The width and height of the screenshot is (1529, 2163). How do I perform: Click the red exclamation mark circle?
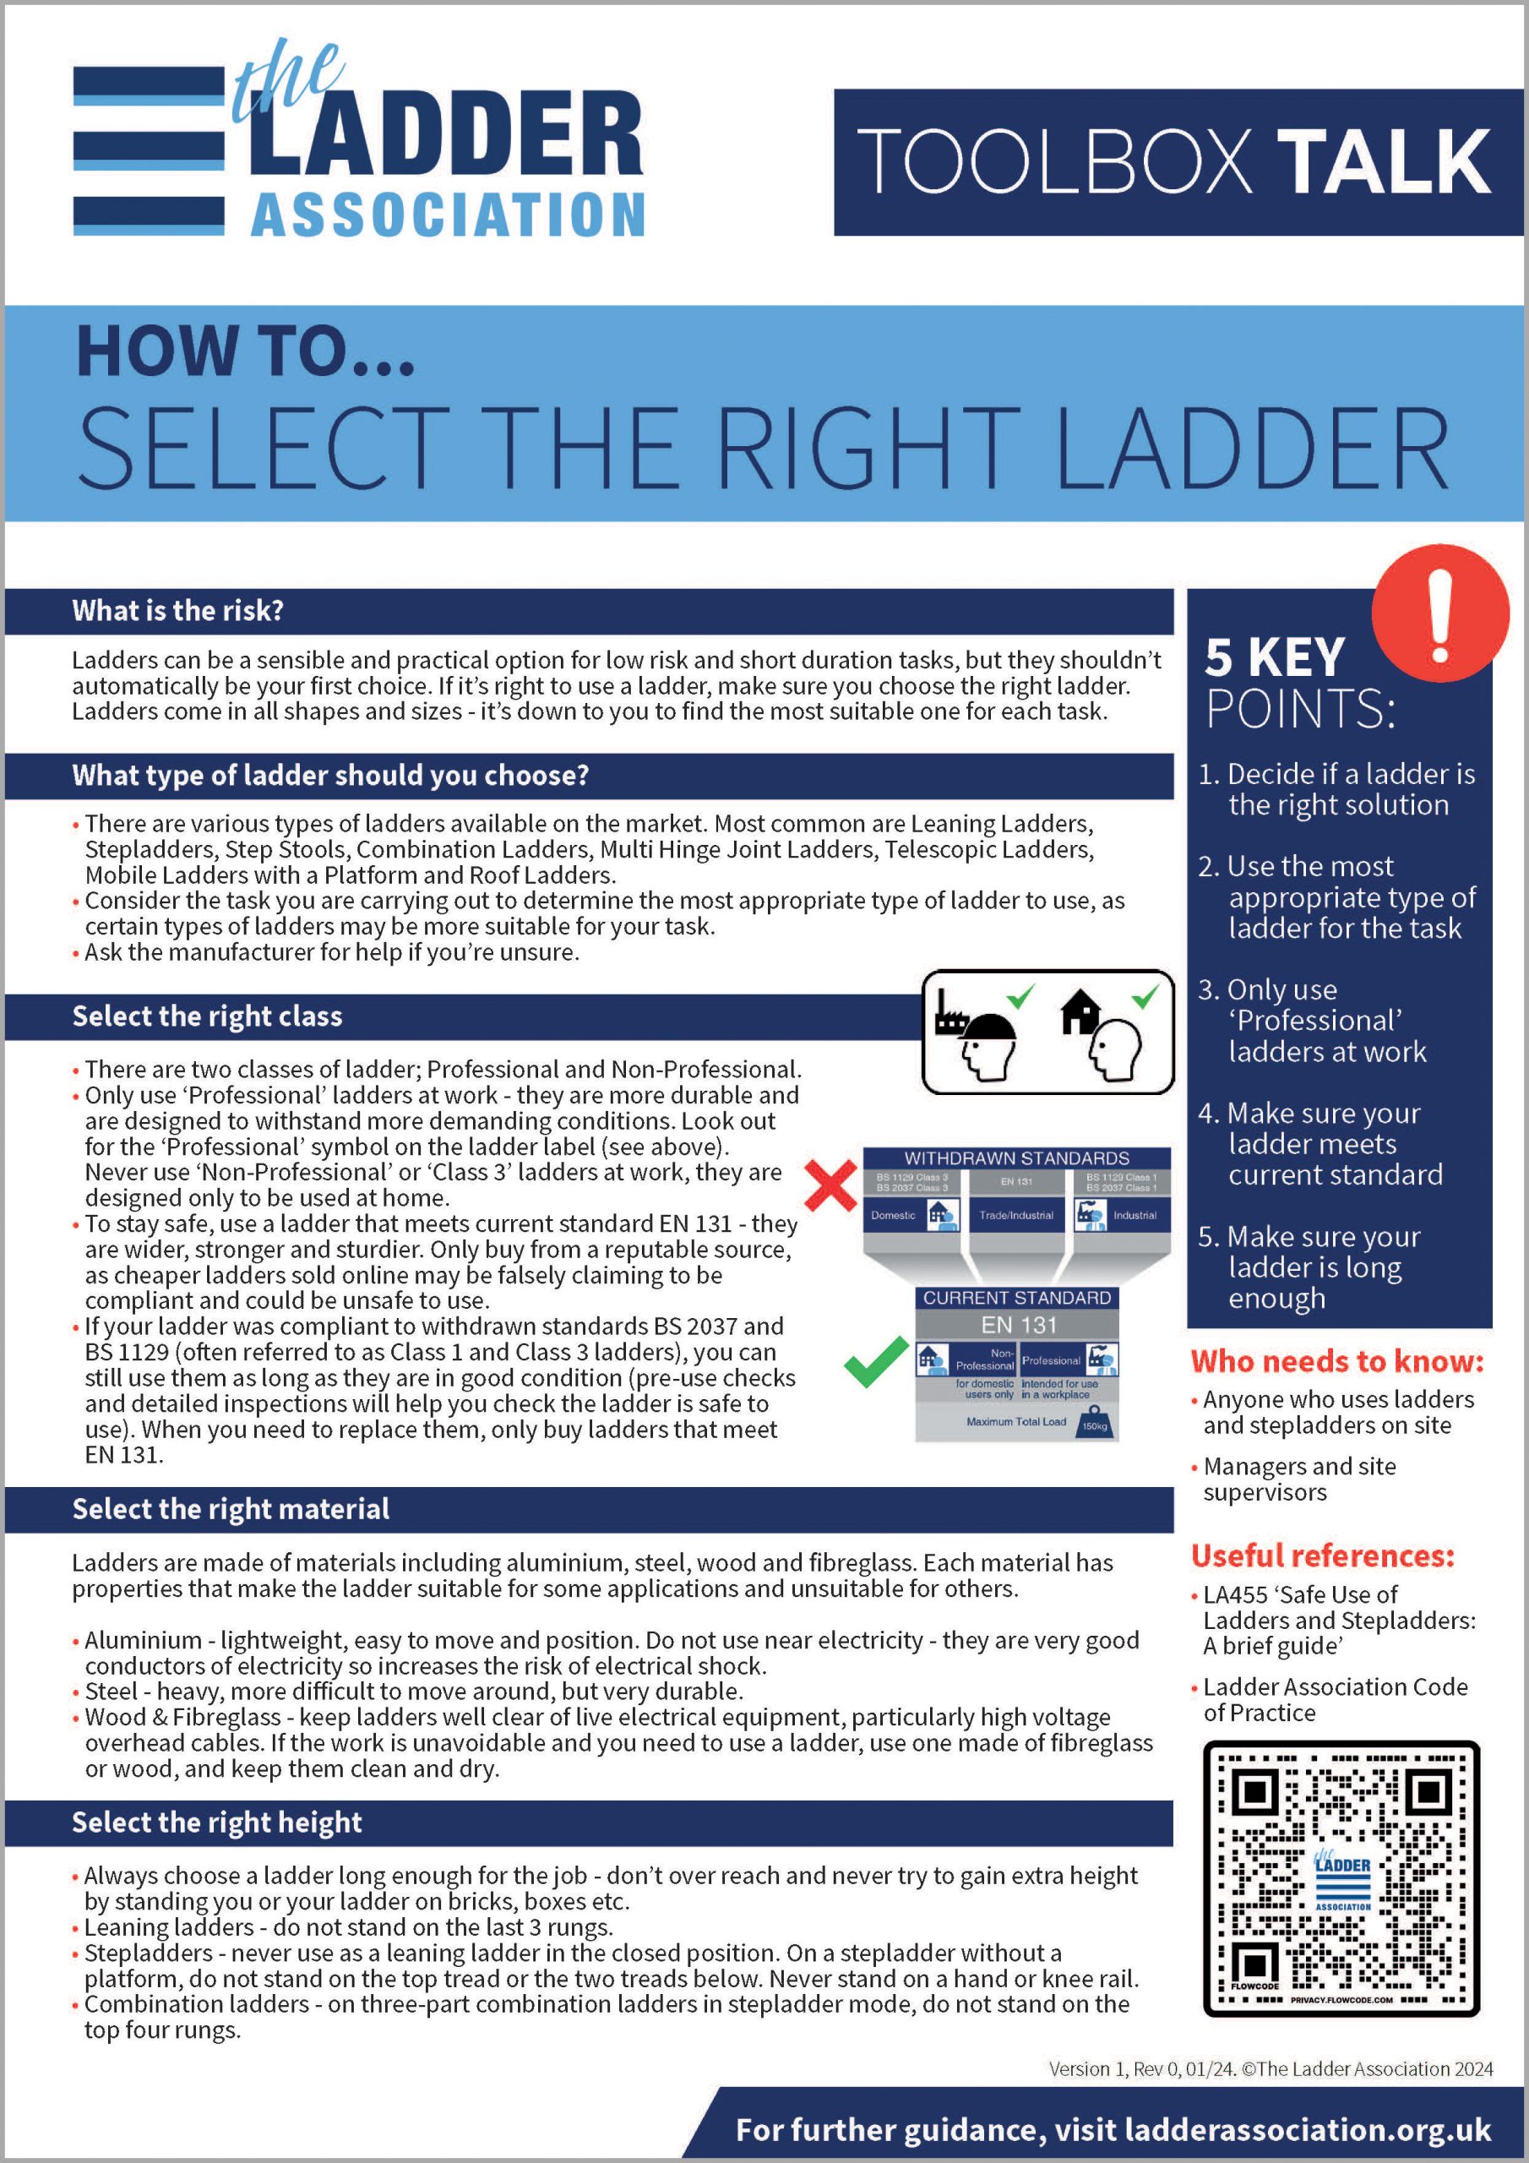1439,613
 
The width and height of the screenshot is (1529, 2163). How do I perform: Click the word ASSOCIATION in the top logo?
448,215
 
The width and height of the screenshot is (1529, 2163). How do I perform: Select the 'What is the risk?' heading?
177,611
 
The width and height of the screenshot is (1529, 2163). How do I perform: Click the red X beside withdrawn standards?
831,1185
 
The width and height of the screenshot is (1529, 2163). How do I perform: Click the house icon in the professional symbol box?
1080,1011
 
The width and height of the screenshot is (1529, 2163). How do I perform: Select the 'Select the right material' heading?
231,1508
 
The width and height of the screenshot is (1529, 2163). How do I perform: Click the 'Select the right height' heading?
217,1822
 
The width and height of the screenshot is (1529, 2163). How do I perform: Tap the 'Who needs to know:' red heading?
1336,1361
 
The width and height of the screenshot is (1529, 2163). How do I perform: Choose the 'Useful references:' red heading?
1323,1556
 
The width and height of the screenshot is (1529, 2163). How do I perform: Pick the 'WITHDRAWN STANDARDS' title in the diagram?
1016,1158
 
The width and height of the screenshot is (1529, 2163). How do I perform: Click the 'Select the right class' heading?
207,1016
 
